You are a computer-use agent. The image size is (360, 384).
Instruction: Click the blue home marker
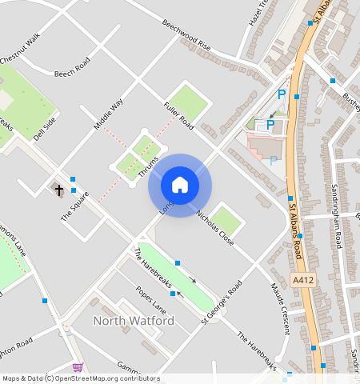pyautogui.click(x=180, y=186)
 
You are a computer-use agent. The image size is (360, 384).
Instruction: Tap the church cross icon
pyautogui.click(x=58, y=189)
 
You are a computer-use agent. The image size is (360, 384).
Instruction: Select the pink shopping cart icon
pyautogui.click(x=78, y=367)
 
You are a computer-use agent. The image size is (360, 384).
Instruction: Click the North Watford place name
pyautogui.click(x=134, y=321)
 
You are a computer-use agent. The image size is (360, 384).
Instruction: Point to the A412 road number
pyautogui.click(x=302, y=281)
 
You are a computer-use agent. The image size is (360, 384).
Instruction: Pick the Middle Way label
pyautogui.click(x=108, y=114)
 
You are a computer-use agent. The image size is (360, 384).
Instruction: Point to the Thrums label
pyautogui.click(x=148, y=166)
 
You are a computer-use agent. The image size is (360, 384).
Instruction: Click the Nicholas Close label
pyautogui.click(x=214, y=228)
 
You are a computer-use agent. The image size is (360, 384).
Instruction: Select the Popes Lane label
pyautogui.click(x=151, y=298)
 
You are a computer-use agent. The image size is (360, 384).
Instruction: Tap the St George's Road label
pyautogui.click(x=222, y=302)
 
